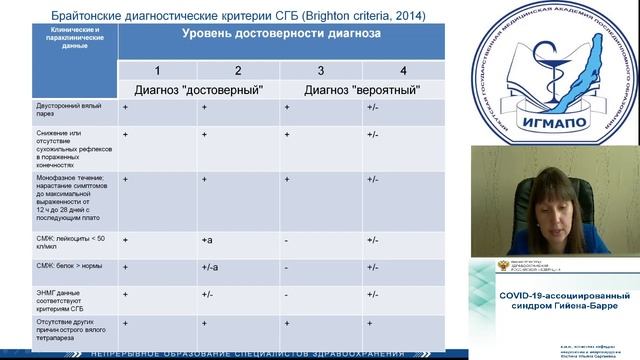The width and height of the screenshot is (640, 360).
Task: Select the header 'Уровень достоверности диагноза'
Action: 281,34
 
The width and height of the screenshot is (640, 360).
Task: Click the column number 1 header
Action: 156,70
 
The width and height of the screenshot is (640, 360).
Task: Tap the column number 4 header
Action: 403,70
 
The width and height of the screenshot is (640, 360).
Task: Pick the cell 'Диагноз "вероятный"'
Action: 362,89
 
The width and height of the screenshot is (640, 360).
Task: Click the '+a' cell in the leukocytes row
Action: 208,240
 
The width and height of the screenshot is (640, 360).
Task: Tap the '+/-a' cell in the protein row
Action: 211,268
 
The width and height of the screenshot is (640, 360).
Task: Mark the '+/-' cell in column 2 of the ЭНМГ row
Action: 208,295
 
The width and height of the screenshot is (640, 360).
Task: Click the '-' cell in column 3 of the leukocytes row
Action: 286,240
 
